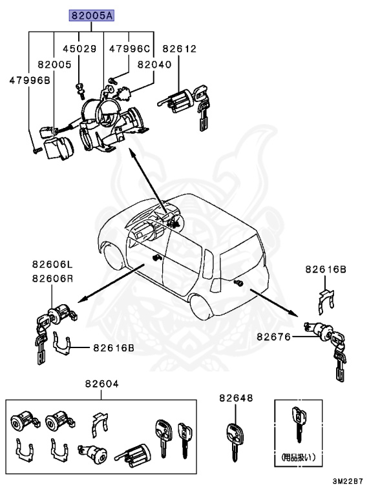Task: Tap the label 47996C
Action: click(129, 48)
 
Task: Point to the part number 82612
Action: click(179, 48)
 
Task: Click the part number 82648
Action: click(235, 398)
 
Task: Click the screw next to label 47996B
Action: click(35, 150)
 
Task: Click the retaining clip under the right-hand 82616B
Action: click(328, 298)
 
